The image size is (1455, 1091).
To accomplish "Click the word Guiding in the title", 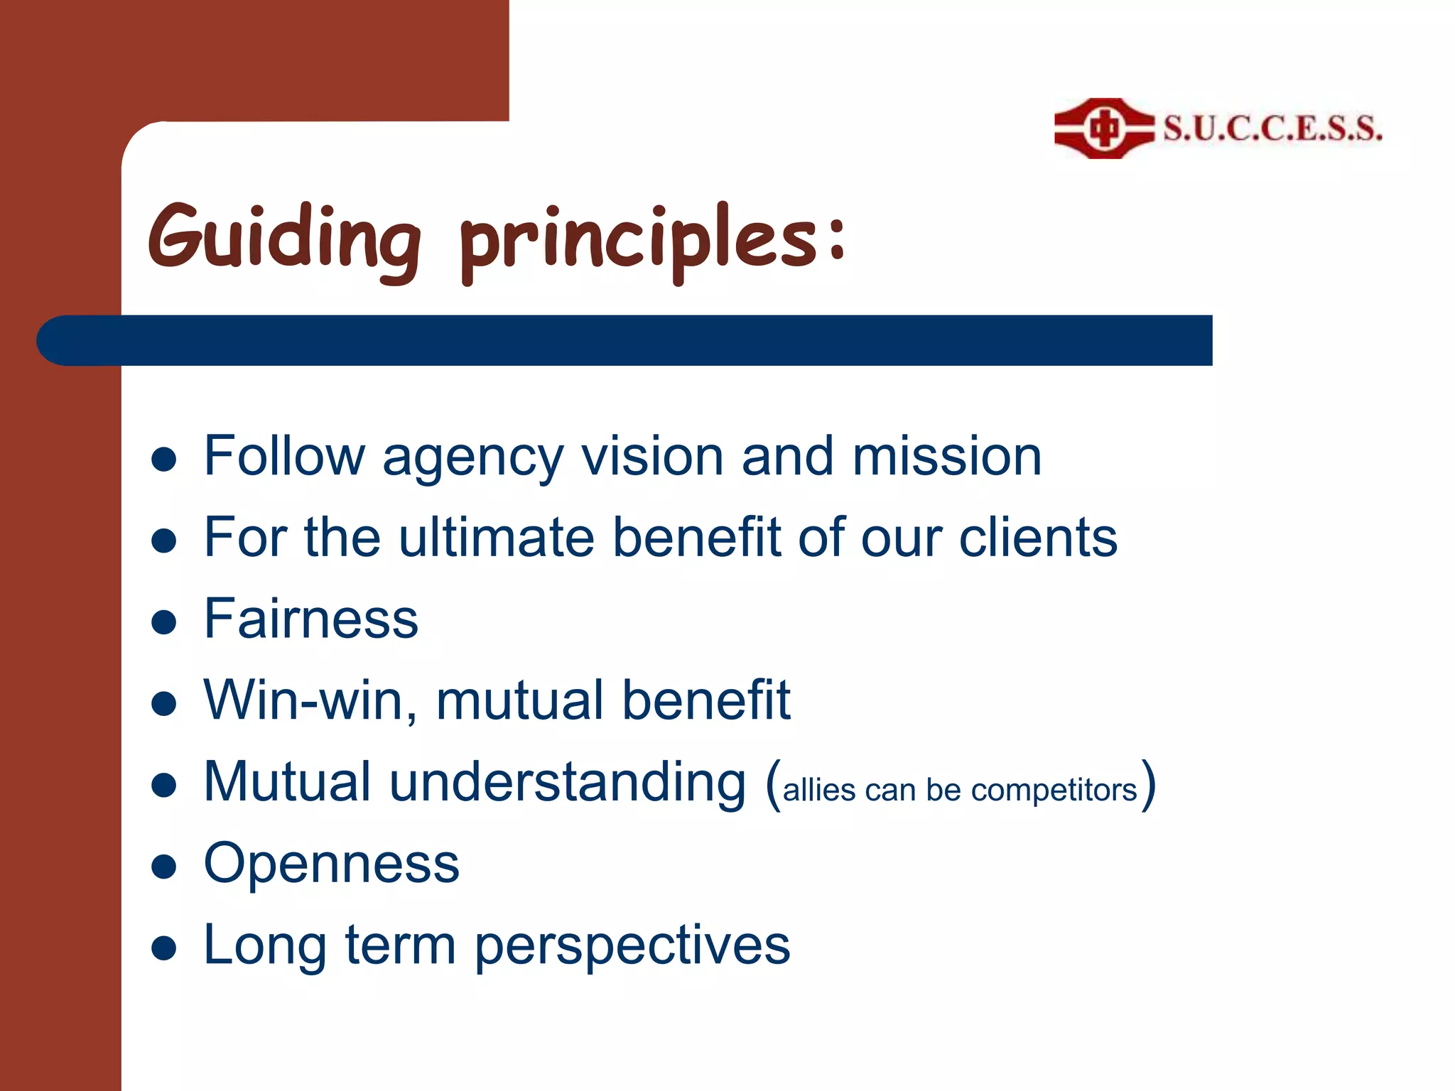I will [x=284, y=238].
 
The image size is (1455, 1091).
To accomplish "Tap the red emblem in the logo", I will [x=1103, y=129].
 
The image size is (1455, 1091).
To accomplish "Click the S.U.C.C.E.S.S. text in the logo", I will [x=1272, y=129].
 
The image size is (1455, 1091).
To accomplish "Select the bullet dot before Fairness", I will [x=164, y=622].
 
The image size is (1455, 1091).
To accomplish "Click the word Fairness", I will [x=310, y=619].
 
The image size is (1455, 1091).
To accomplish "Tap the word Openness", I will [x=331, y=864].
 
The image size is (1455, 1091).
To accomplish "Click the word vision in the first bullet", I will [x=652, y=456].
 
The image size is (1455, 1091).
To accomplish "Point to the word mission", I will [x=946, y=456].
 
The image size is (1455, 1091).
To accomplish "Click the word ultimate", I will [x=496, y=538].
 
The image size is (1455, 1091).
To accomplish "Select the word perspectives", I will [x=632, y=946].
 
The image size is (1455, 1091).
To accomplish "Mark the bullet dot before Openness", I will [x=164, y=867].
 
